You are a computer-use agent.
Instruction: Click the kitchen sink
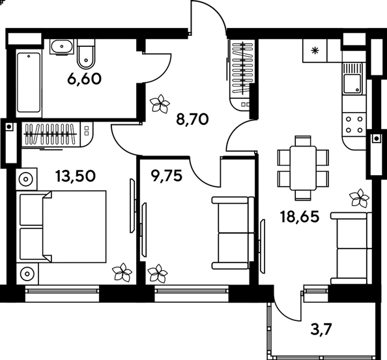[352, 83]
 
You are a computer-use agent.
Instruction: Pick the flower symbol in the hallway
[159, 103]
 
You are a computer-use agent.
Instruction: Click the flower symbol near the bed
[121, 271]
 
